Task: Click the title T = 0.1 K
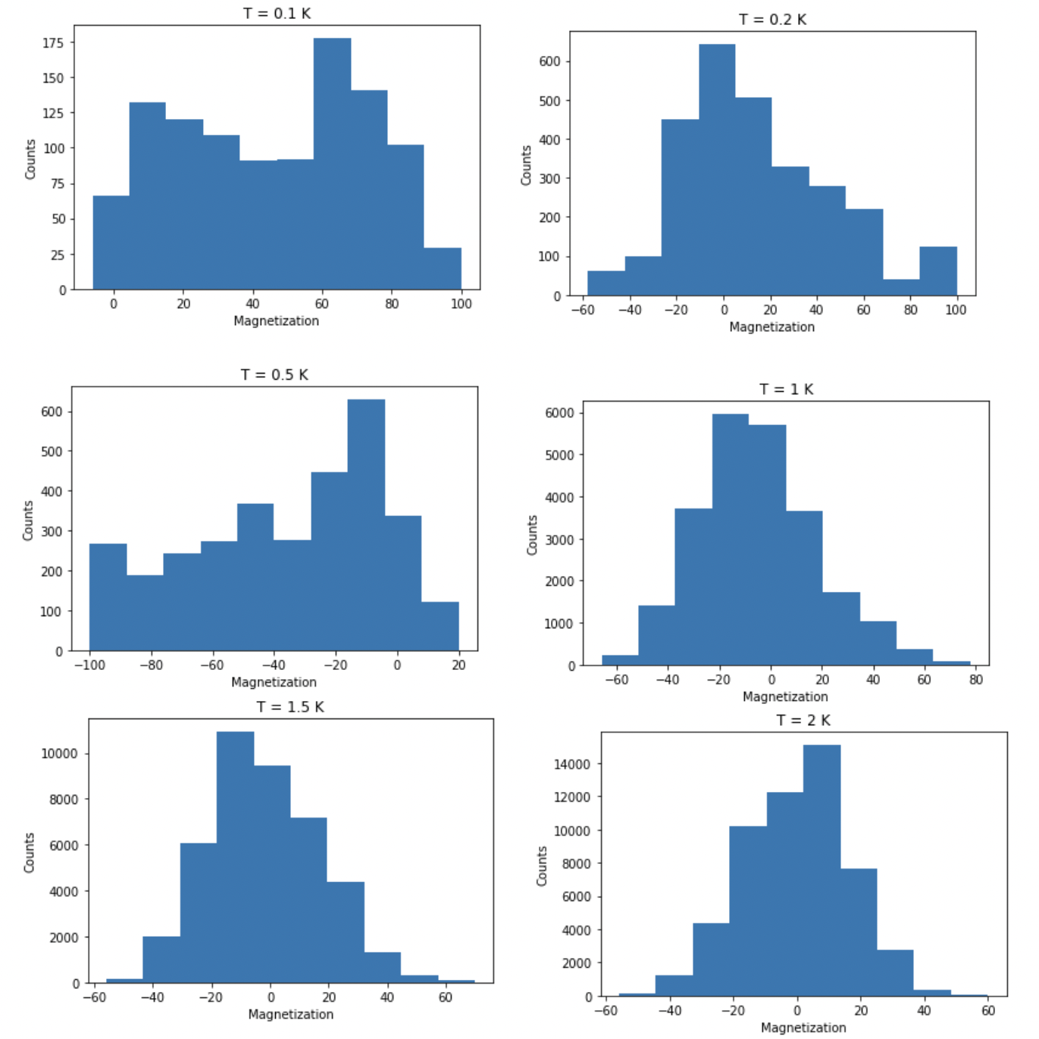(277, 14)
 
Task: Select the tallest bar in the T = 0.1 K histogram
(332, 163)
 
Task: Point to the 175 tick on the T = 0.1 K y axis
(52, 43)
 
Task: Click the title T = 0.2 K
(772, 20)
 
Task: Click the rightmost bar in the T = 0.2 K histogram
(938, 271)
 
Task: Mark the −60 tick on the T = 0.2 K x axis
(583, 309)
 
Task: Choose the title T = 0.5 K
(274, 375)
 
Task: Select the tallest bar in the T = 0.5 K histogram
(366, 524)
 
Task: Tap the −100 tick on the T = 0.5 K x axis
(89, 665)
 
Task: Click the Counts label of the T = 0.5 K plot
(28, 520)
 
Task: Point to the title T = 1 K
(786, 390)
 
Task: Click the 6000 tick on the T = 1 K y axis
(560, 413)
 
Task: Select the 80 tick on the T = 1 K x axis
(975, 679)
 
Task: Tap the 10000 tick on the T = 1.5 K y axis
(59, 753)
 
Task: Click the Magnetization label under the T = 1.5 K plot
(290, 1014)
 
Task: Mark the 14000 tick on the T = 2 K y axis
(572, 764)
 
